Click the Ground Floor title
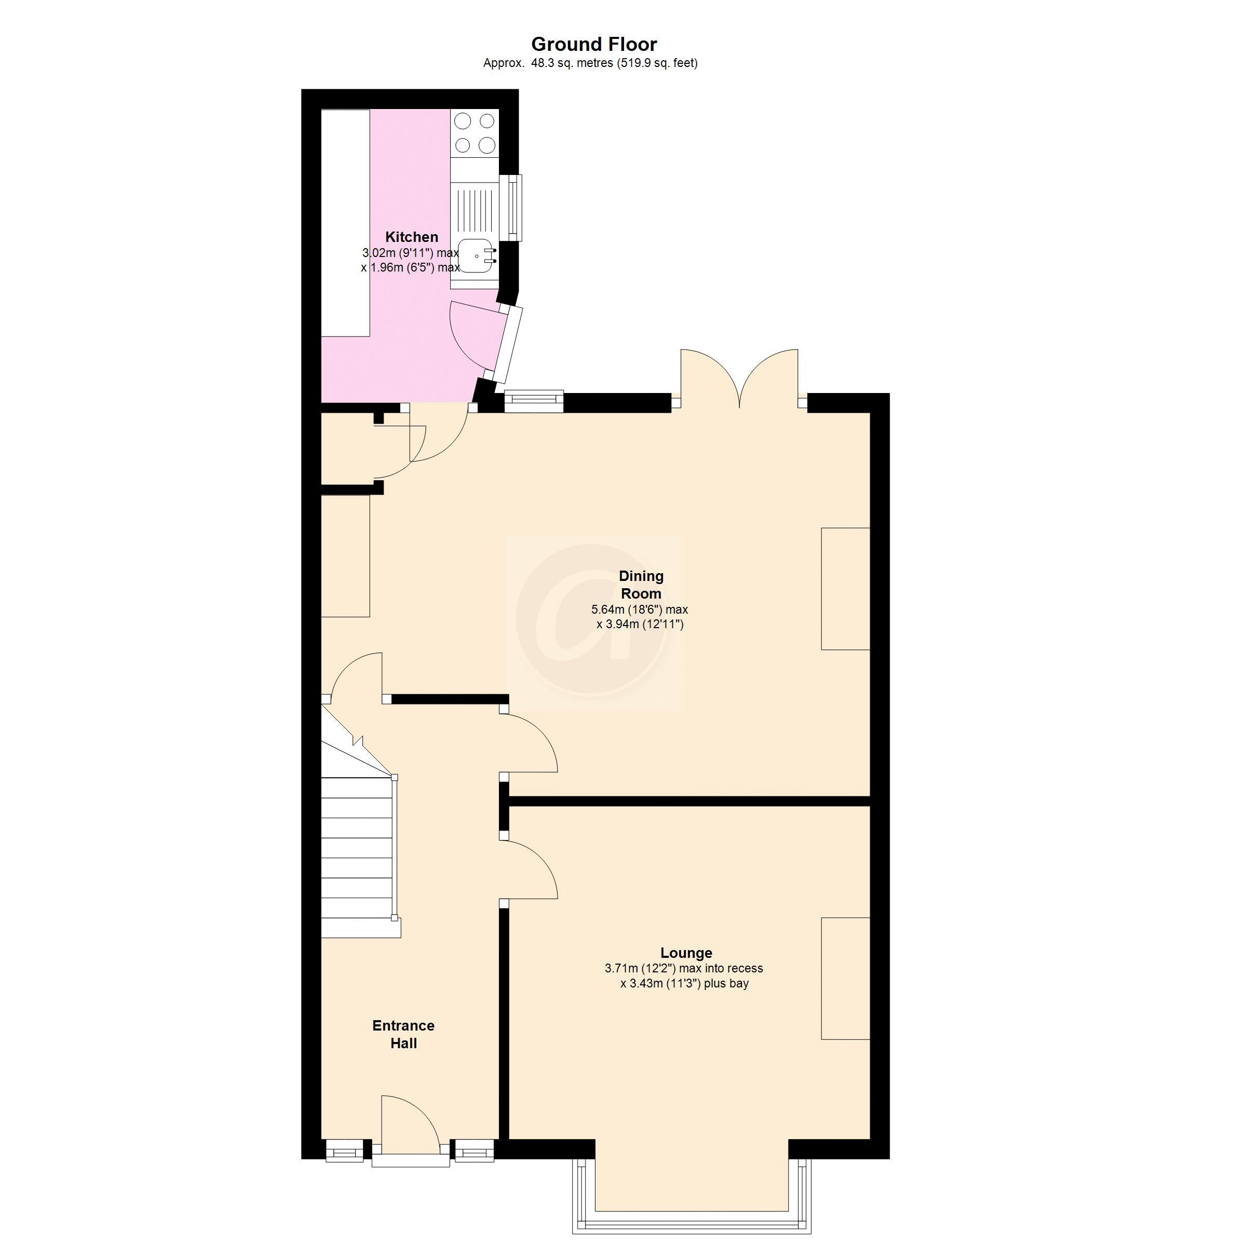[x=594, y=45]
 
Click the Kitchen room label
[x=412, y=237]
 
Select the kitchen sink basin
[x=476, y=255]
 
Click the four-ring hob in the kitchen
[x=474, y=132]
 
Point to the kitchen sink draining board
[x=474, y=207]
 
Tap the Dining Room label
[x=641, y=584]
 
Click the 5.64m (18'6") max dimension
[x=639, y=610]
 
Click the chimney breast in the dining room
[x=845, y=588]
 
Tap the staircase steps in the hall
[x=357, y=858]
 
